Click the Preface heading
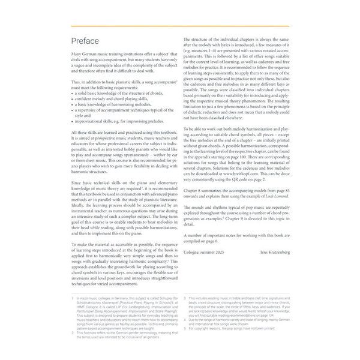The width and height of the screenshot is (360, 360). coord(88,41)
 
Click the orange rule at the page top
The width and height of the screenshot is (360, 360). coord(179,27)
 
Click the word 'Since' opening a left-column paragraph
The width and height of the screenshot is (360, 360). coord(77,181)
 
